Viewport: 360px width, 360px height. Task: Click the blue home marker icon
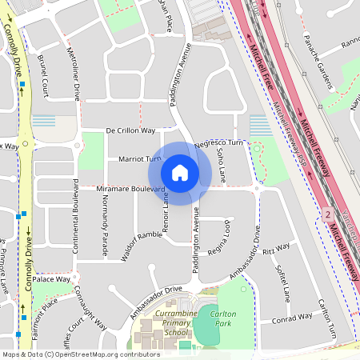[180, 173]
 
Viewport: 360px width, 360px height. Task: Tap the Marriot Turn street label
[129, 159]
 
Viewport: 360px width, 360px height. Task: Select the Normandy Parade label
[103, 221]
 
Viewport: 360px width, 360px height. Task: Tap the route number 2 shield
[327, 214]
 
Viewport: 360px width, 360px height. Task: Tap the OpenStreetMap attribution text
[81, 354]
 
